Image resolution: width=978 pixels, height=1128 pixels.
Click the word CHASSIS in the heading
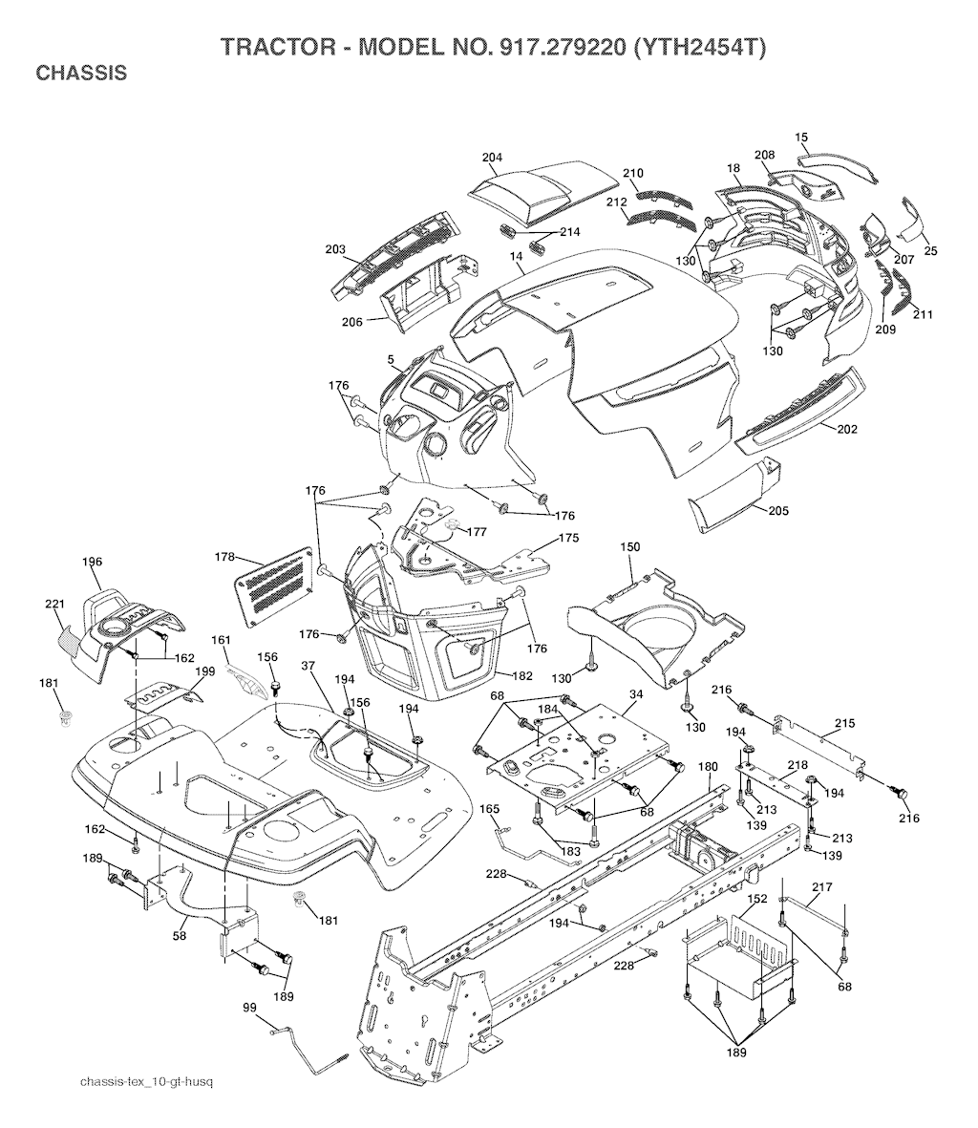tap(80, 74)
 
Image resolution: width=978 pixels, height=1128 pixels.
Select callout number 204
tap(492, 158)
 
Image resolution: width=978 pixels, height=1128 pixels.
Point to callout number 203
tap(334, 249)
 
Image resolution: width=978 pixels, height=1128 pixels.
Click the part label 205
tap(777, 511)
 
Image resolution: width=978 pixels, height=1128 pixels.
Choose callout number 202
tap(846, 429)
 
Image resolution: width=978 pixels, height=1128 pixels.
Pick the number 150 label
tap(630, 547)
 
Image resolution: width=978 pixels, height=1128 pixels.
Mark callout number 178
tap(224, 557)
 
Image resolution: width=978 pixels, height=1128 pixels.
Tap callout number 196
tap(92, 563)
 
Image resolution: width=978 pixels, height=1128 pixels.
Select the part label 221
tap(53, 605)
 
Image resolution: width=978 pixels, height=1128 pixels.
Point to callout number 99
tap(249, 1008)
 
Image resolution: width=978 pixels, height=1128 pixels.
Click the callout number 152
tap(756, 900)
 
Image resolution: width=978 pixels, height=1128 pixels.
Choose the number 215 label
tap(844, 723)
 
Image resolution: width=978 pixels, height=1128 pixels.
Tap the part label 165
tap(489, 809)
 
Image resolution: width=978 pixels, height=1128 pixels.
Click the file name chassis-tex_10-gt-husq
tap(146, 1081)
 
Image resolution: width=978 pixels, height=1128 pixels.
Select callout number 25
tap(930, 251)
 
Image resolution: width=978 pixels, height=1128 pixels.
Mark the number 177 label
tap(477, 532)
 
